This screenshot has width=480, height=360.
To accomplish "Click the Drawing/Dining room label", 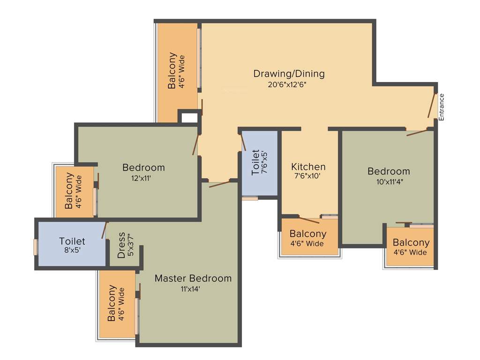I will pyautogui.click(x=289, y=74).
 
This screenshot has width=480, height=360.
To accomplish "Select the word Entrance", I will pyautogui.click(x=441, y=107).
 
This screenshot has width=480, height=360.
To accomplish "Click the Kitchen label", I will pyautogui.click(x=308, y=167).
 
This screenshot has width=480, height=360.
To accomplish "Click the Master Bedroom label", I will pyautogui.click(x=193, y=278).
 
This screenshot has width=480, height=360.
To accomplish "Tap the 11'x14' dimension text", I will pyautogui.click(x=190, y=289).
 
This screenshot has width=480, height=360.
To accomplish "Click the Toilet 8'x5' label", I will pyautogui.click(x=72, y=246).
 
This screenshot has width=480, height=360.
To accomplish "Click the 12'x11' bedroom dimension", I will pyautogui.click(x=141, y=178).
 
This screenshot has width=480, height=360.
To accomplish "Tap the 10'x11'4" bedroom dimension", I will pyautogui.click(x=389, y=182).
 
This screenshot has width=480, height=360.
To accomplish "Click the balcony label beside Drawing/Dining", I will pyautogui.click(x=176, y=70).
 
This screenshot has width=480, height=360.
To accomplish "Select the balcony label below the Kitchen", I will pyautogui.click(x=307, y=238).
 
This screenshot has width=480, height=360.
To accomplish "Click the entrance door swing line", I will pyautogui.click(x=432, y=105).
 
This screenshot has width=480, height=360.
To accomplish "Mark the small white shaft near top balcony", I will pyautogui.click(x=189, y=117).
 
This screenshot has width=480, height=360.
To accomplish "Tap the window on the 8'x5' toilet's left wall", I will pyautogui.click(x=35, y=247).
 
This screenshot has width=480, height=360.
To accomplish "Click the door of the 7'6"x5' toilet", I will pyautogui.click(x=243, y=141).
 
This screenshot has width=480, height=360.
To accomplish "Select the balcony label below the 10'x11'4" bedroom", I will pyautogui.click(x=411, y=247).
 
